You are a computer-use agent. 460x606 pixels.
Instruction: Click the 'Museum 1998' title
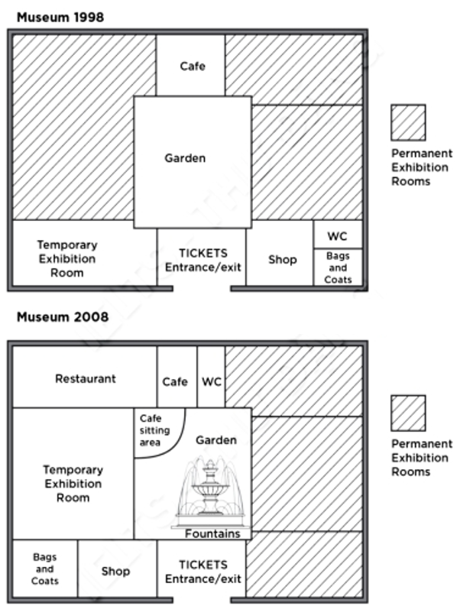(x=60, y=18)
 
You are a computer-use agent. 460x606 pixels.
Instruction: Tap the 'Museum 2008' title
(x=63, y=317)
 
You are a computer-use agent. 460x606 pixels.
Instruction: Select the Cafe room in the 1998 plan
(x=190, y=65)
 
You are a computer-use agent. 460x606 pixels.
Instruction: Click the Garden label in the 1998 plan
(x=185, y=158)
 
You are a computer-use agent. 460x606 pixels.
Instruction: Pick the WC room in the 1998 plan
(x=338, y=235)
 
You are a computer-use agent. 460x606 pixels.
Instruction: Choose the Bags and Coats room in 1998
(x=338, y=267)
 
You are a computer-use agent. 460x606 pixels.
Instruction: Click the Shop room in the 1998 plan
(x=280, y=257)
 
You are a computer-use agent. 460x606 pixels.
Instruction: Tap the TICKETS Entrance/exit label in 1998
(x=203, y=260)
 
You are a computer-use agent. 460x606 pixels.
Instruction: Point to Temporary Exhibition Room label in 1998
(x=67, y=258)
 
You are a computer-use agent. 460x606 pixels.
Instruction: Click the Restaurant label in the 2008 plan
(x=86, y=379)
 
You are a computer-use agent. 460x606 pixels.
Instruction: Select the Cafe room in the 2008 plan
(x=177, y=377)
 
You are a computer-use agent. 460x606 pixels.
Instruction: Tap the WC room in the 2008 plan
(x=211, y=377)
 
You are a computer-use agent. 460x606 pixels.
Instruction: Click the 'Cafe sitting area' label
(x=154, y=430)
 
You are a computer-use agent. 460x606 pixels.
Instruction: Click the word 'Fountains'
(x=212, y=533)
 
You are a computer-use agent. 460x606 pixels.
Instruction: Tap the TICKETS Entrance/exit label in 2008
(x=203, y=572)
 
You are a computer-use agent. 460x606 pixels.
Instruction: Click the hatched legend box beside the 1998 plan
(x=408, y=122)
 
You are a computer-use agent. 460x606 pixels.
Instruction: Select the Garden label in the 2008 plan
(x=216, y=440)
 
